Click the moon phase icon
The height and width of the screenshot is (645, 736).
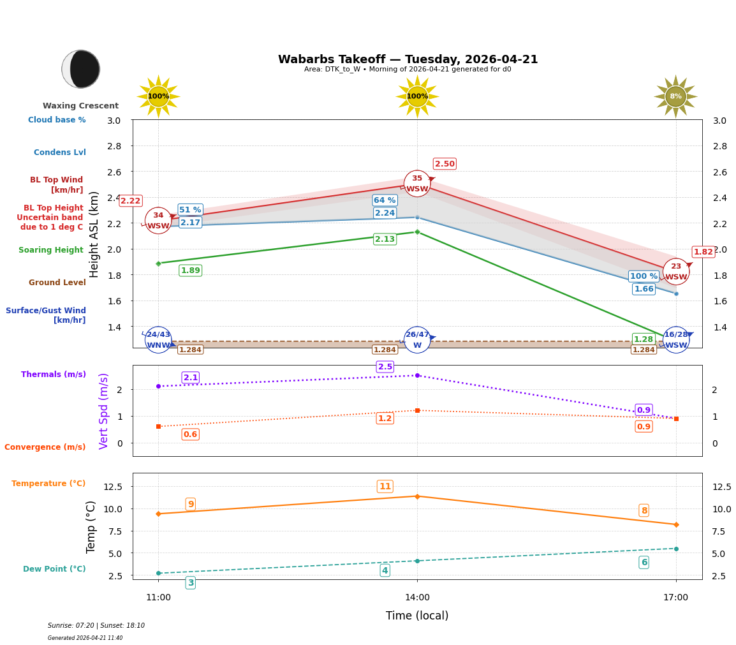[81, 69]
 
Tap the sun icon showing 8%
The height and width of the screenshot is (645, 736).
[675, 96]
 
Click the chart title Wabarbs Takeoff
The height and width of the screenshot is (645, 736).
[408, 59]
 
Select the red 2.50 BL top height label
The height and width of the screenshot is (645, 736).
[445, 164]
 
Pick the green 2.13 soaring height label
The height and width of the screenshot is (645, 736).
[385, 239]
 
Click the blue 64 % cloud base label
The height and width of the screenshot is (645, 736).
[385, 200]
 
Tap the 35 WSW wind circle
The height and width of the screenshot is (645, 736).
[417, 184]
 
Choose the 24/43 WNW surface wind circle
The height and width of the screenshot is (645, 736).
[158, 339]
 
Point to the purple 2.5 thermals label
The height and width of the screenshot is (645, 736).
[385, 367]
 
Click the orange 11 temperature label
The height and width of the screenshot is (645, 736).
[385, 487]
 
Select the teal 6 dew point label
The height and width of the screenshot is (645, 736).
[644, 562]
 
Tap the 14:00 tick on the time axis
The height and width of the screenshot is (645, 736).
[417, 597]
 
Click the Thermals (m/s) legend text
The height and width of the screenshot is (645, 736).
[54, 374]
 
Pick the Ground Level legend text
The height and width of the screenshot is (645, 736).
[57, 283]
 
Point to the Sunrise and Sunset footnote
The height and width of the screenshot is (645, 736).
[96, 626]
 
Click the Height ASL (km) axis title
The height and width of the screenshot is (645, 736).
[94, 234]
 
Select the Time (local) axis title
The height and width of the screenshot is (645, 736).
[417, 616]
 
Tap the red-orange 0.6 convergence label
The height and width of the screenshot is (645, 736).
[190, 434]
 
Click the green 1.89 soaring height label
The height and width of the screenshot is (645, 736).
[190, 271]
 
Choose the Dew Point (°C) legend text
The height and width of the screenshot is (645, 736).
[54, 569]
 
